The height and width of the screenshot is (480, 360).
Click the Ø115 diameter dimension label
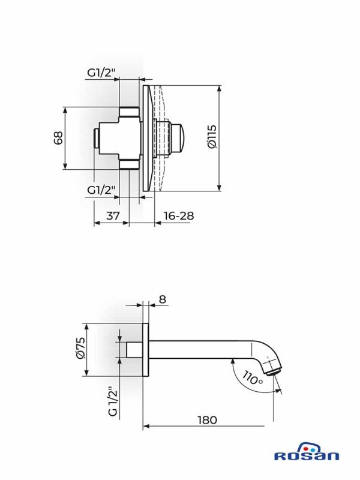tap(212, 137)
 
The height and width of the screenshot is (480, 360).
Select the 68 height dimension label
tap(58, 138)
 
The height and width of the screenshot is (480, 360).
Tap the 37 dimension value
tap(113, 215)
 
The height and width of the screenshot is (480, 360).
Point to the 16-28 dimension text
tap(179, 215)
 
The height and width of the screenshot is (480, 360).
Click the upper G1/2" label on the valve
tap(101, 73)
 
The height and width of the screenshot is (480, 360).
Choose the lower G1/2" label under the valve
tap(101, 190)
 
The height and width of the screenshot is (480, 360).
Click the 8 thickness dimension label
tap(163, 299)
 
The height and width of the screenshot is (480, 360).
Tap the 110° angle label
tap(253, 378)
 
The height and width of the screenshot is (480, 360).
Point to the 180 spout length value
tap(207, 419)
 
